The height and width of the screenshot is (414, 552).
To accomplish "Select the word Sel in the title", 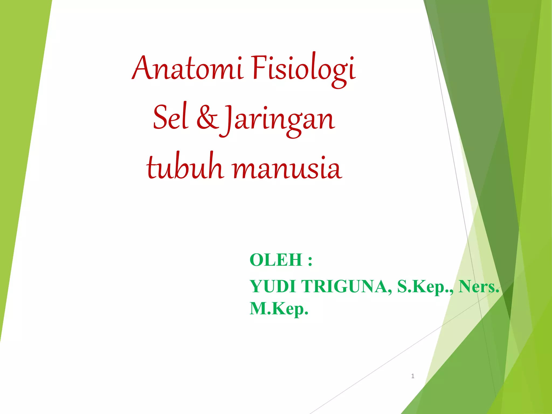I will (x=170, y=118).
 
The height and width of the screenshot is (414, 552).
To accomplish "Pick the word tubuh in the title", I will (x=185, y=167).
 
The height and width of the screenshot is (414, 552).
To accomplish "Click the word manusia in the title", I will (x=287, y=168).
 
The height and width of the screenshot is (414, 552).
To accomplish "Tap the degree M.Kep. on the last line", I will (x=279, y=309).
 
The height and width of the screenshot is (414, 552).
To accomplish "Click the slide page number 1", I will (x=413, y=376).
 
